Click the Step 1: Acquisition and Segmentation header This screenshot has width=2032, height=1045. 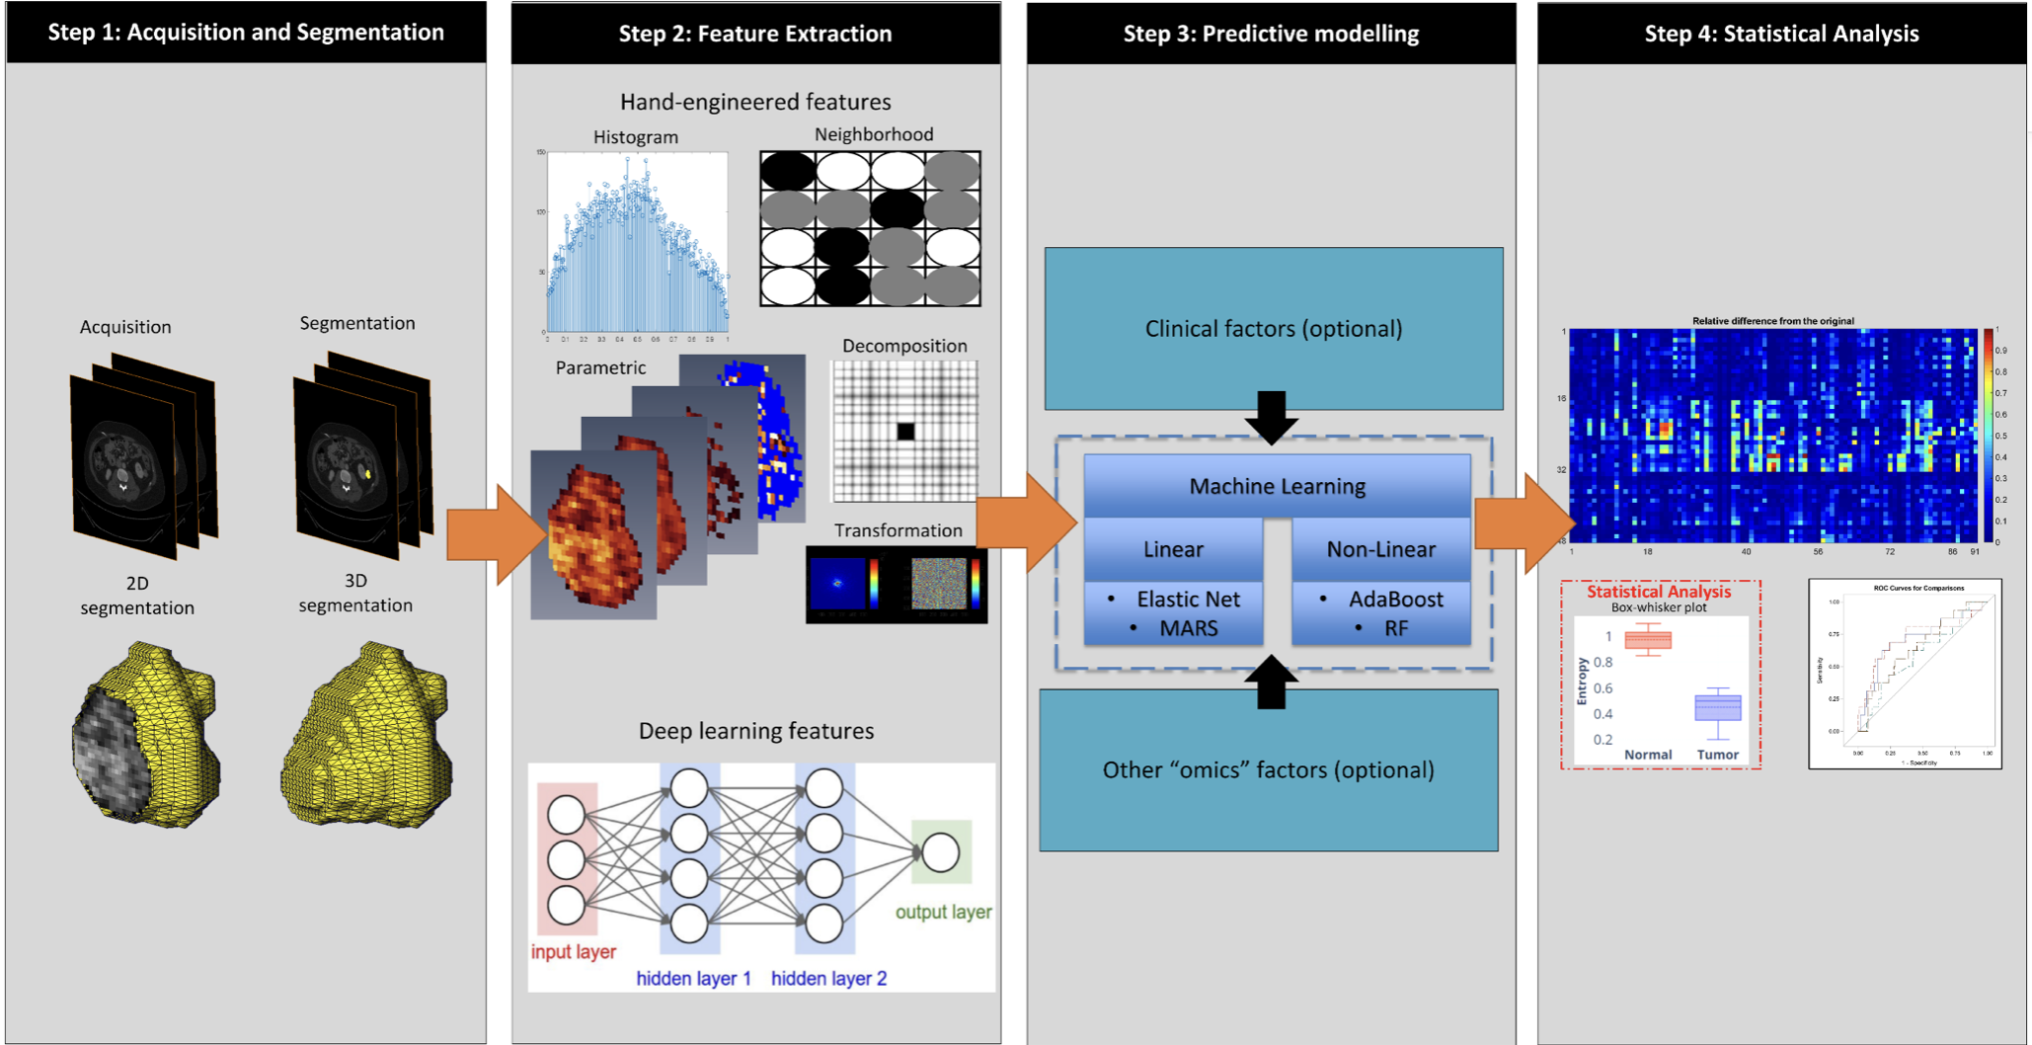(x=246, y=33)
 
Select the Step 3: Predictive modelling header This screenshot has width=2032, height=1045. (x=1271, y=34)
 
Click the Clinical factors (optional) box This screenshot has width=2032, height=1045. (x=1274, y=329)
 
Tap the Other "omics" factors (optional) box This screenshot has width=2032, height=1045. (x=1269, y=770)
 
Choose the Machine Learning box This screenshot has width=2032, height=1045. (x=1277, y=486)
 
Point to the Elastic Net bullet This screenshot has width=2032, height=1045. (x=1188, y=600)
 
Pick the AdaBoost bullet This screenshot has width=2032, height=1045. (x=1395, y=600)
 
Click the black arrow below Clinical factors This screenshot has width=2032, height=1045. (x=1272, y=416)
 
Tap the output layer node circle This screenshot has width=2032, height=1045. (x=941, y=852)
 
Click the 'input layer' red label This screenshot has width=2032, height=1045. (x=573, y=952)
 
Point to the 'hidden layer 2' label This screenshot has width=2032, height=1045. (x=828, y=979)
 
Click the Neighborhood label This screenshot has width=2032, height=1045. (x=873, y=134)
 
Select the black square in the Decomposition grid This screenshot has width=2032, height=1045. (x=905, y=431)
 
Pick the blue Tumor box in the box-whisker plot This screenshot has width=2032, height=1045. (x=1718, y=708)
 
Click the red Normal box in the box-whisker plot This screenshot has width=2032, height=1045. (x=1648, y=641)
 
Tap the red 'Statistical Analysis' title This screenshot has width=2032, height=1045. (x=1659, y=592)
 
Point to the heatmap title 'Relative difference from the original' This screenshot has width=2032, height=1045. (x=1772, y=321)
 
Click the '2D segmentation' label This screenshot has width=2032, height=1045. (x=137, y=596)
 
